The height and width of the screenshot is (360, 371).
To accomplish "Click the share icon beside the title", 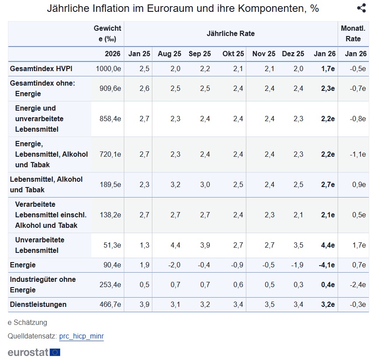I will click(361, 8).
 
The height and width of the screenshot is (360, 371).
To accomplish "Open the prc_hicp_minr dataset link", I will click(81, 336).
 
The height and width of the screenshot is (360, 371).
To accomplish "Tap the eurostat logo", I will click(34, 352).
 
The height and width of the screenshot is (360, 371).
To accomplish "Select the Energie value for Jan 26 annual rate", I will click(326, 265).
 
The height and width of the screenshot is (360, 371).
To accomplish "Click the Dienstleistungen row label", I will click(38, 304).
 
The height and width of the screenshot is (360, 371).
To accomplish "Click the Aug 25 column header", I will click(169, 54).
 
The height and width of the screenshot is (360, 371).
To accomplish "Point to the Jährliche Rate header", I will click(231, 33).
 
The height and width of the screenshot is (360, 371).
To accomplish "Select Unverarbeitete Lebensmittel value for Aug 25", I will click(175, 245).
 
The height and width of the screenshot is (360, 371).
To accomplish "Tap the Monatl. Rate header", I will click(353, 33).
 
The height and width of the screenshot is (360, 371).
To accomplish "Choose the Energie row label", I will click(23, 265).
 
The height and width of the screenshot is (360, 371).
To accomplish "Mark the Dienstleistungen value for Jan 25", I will click(144, 304).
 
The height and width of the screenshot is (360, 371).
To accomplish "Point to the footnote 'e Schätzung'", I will click(27, 322).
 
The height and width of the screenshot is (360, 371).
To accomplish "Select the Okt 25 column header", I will click(233, 54).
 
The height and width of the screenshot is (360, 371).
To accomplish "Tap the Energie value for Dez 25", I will click(298, 265).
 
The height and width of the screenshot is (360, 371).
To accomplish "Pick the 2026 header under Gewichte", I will click(112, 54).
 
